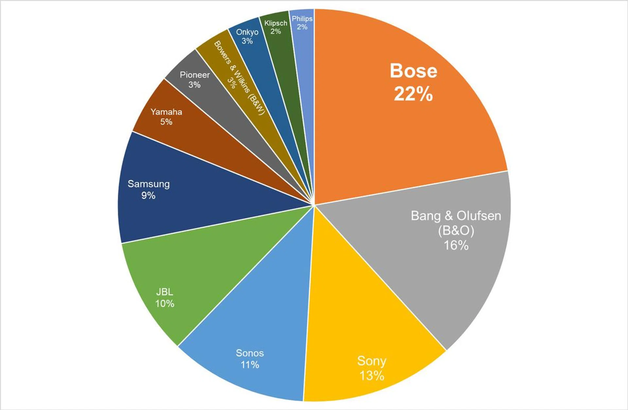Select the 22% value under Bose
[413, 94]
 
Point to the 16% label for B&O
[456, 245]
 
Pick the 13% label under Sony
[372, 376]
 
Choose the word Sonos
[250, 353]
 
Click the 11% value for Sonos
[250, 365]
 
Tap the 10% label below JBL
[165, 303]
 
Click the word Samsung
[148, 184]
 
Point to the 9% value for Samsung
[148, 196]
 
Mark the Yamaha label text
[166, 112]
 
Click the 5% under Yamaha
[166, 122]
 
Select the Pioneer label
[195, 75]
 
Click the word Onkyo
[247, 32]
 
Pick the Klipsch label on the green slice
[276, 23]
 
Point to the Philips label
[302, 19]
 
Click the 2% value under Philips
[302, 27]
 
